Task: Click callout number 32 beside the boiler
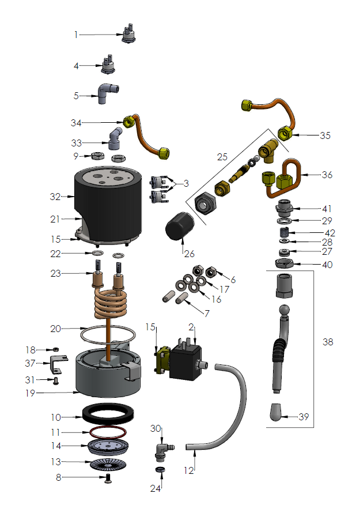54,197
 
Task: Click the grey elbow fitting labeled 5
108,93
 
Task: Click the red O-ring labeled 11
108,431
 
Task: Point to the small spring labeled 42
283,232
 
